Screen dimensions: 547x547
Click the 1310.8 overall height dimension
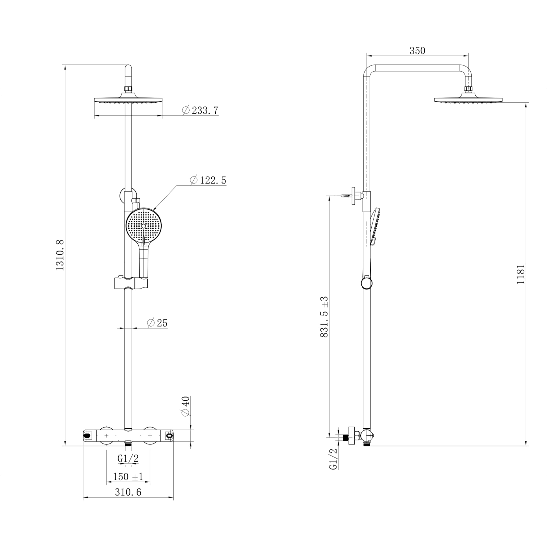60,255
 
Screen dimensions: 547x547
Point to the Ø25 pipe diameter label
157,323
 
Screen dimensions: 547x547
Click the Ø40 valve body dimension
185,407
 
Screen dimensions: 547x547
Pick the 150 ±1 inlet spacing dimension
128,477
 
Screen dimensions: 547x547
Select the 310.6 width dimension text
128,492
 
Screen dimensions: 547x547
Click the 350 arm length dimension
417,51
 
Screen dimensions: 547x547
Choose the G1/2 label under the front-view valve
128,458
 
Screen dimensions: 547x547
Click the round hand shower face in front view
143,226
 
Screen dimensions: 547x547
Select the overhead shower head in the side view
468,100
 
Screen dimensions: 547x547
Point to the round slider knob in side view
366,283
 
